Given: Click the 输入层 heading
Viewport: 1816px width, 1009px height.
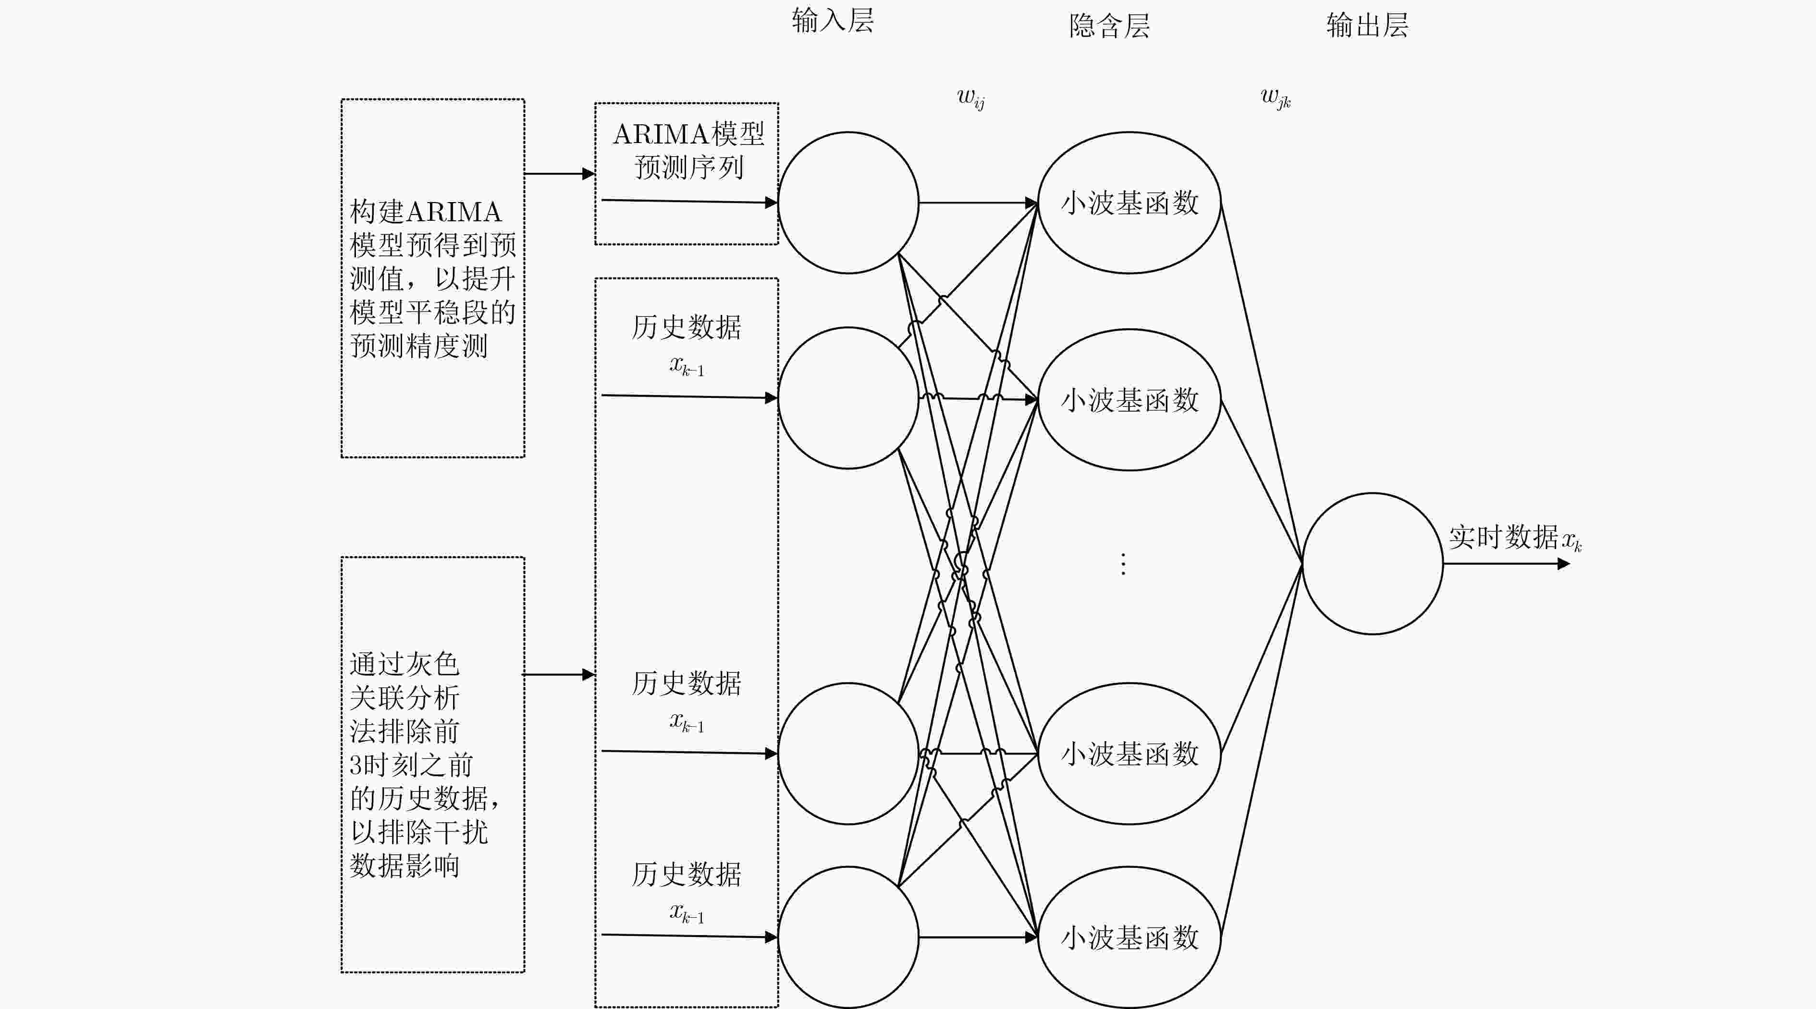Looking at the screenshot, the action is (833, 21).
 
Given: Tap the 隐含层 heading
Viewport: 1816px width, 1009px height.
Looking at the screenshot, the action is (1110, 26).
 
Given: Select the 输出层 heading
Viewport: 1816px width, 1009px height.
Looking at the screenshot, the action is (1367, 25).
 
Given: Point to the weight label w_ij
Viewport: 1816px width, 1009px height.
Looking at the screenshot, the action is (971, 99).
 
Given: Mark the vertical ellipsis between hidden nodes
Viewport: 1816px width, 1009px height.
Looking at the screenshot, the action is (1123, 564).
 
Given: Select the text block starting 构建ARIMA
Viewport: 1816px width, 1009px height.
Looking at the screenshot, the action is (433, 278).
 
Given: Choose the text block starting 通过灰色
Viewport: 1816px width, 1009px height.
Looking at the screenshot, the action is (425, 765).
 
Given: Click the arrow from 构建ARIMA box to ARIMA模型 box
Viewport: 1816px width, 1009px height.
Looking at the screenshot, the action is (560, 173).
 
